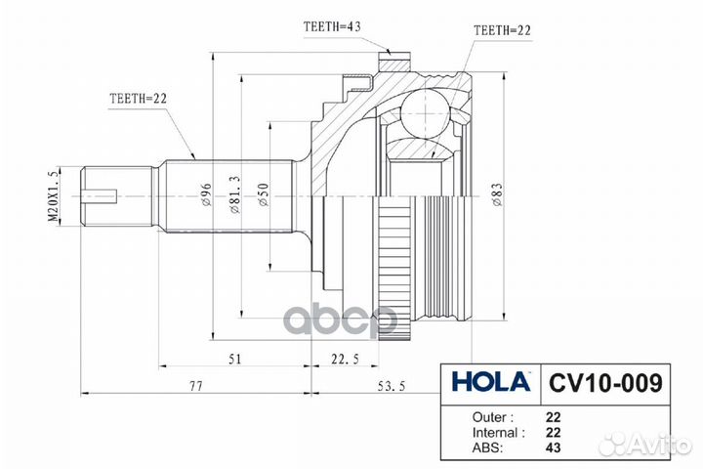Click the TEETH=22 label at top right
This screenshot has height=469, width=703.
(x=503, y=31)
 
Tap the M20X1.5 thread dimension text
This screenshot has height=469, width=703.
(x=55, y=195)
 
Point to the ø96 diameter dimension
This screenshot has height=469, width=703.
(x=207, y=196)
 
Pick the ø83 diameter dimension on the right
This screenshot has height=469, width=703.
(x=498, y=193)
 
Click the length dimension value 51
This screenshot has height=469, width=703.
(x=234, y=360)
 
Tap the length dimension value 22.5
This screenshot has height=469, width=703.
(x=344, y=360)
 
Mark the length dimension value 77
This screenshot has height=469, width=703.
(x=194, y=387)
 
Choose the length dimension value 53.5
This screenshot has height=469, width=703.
(x=397, y=387)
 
